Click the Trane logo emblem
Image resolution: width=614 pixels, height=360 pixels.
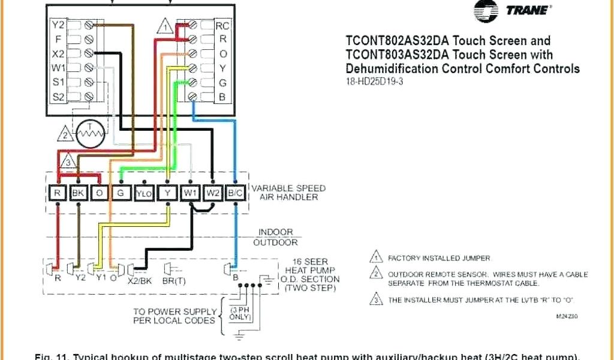tap(485, 11)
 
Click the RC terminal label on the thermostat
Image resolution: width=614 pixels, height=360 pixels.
tap(222, 26)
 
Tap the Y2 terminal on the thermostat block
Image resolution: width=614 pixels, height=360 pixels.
tap(58, 25)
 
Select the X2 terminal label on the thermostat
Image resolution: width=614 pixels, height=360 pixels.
tap(58, 53)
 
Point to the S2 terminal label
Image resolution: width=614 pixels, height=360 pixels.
tap(58, 96)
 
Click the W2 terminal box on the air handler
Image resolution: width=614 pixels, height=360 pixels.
tap(213, 193)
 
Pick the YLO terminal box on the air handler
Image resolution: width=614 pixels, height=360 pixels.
tap(144, 193)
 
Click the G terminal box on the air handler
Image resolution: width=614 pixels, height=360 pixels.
tap(121, 193)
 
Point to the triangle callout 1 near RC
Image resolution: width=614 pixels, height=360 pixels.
tap(166, 26)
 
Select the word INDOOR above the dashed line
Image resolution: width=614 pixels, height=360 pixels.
tap(275, 232)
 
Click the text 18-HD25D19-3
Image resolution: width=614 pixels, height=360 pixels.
tap(374, 82)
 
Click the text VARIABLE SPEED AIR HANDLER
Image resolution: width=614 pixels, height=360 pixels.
tap(288, 193)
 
